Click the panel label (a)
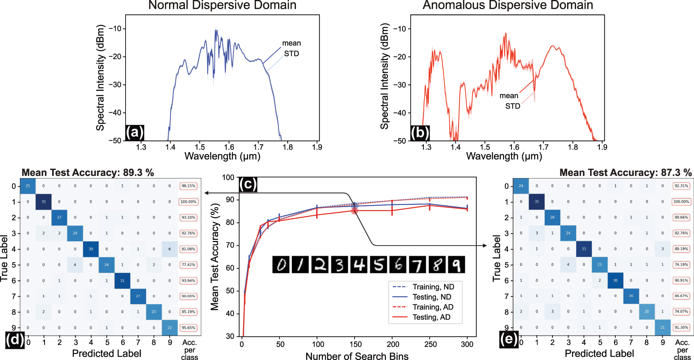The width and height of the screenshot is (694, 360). point(135,133)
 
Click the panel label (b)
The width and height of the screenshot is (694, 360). point(420,133)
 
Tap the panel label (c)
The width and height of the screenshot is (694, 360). point(248,184)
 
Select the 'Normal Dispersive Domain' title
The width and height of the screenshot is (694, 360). point(222,5)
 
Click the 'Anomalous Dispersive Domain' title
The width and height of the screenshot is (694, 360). point(508,5)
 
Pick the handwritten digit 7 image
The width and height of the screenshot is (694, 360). point(417,265)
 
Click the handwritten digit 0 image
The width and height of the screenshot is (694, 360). point(281,265)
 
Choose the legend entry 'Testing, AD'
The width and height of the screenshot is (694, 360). point(431,317)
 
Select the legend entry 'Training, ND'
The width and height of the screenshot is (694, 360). point(433,287)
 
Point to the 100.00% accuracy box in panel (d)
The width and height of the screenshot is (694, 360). point(188,202)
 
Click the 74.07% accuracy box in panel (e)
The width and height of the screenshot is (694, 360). point(681,311)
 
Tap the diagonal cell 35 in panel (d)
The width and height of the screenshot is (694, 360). point(43,202)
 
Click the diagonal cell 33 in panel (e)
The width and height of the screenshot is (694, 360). point(583,249)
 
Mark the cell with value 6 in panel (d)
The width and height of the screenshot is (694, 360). point(170,249)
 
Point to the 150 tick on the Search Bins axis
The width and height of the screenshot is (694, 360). point(355,344)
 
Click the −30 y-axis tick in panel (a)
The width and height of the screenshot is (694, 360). point(115,85)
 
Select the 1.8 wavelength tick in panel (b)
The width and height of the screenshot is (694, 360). point(573,147)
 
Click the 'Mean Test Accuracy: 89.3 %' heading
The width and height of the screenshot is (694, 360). point(88,172)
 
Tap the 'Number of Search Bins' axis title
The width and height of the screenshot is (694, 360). point(357,356)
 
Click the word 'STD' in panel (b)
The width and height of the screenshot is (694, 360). point(512,106)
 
